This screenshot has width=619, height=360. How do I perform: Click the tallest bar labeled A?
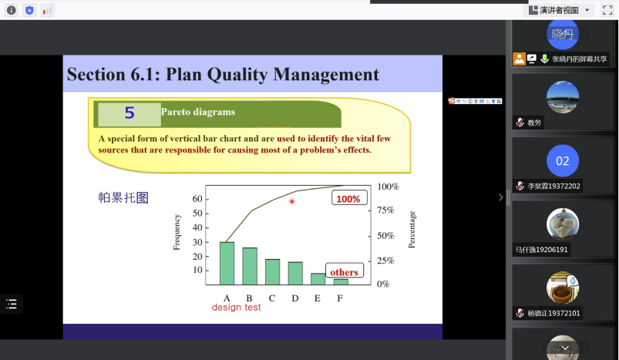[227, 264]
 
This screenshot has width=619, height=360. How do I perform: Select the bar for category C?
[272, 272]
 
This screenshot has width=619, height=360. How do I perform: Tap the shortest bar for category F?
[341, 282]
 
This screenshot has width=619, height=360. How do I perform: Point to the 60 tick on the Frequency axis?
[197, 199]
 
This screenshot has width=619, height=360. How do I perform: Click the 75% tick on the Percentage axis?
[385, 210]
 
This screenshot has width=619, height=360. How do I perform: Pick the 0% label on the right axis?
[383, 284]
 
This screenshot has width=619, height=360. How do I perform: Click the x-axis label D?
[295, 298]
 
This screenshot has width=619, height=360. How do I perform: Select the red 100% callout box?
[349, 198]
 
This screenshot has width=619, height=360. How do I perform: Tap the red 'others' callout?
[345, 271]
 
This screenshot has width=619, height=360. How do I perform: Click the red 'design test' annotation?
[236, 307]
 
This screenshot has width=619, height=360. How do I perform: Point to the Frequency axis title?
[177, 232]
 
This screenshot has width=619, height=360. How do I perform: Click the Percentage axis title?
[412, 230]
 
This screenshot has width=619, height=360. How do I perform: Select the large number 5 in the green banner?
[130, 113]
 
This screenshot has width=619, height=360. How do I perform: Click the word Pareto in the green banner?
[176, 112]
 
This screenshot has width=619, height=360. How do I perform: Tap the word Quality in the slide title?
[237, 75]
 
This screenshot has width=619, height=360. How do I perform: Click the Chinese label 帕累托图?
[123, 197]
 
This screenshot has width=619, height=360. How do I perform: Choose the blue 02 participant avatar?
[563, 160]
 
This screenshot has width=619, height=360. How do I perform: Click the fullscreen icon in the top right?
[607, 10]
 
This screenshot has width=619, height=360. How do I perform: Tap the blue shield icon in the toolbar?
[29, 10]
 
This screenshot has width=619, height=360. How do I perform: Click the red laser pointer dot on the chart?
[292, 201]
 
